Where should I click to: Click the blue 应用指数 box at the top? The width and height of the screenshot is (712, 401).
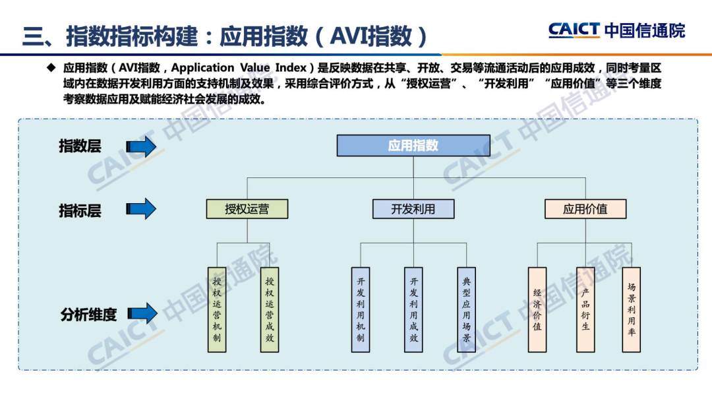click(413, 146)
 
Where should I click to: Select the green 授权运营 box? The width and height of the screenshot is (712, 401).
click(247, 209)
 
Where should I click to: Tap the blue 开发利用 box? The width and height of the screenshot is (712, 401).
click(413, 209)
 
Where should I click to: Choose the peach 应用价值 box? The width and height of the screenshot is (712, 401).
click(585, 209)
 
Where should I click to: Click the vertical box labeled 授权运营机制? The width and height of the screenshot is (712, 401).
click(217, 309)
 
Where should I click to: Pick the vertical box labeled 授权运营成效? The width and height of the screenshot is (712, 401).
click(270, 309)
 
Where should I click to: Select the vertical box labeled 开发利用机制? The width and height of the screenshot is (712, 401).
click(361, 309)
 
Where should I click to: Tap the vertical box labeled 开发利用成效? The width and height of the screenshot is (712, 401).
click(413, 309)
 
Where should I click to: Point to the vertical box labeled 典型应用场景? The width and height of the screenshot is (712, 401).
click(467, 309)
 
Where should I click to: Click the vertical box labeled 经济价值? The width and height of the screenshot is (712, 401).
click(537, 309)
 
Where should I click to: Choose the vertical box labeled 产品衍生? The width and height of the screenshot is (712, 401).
click(585, 309)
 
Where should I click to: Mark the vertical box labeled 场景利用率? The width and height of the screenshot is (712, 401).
click(632, 309)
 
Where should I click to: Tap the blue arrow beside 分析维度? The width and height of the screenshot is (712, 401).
click(142, 314)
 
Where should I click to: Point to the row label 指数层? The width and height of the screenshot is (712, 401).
click(80, 146)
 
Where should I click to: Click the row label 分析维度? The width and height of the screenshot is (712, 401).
click(88, 315)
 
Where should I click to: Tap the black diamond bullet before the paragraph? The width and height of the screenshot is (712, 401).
click(51, 68)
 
